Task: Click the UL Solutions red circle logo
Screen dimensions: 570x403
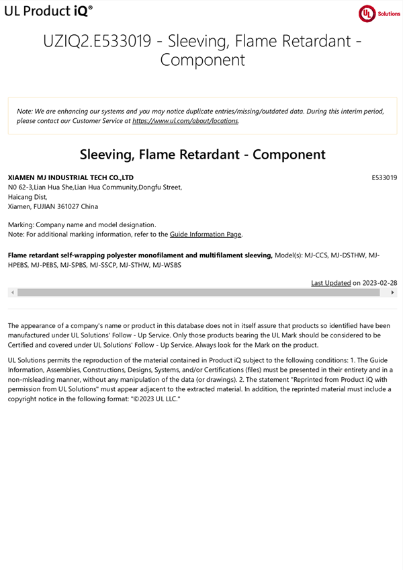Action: point(367,14)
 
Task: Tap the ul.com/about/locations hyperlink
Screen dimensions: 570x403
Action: point(185,121)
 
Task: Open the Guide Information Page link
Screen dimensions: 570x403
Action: point(206,234)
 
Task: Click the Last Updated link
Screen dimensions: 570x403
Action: point(330,283)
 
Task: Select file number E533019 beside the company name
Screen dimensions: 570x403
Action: point(384,177)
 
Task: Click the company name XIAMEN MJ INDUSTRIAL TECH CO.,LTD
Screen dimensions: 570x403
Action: point(71,177)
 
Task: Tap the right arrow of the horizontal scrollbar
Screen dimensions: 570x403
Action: point(393,293)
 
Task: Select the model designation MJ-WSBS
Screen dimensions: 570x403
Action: point(167,265)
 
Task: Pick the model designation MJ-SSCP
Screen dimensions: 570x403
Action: point(102,265)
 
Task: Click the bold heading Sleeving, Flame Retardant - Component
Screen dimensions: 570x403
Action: point(202,154)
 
